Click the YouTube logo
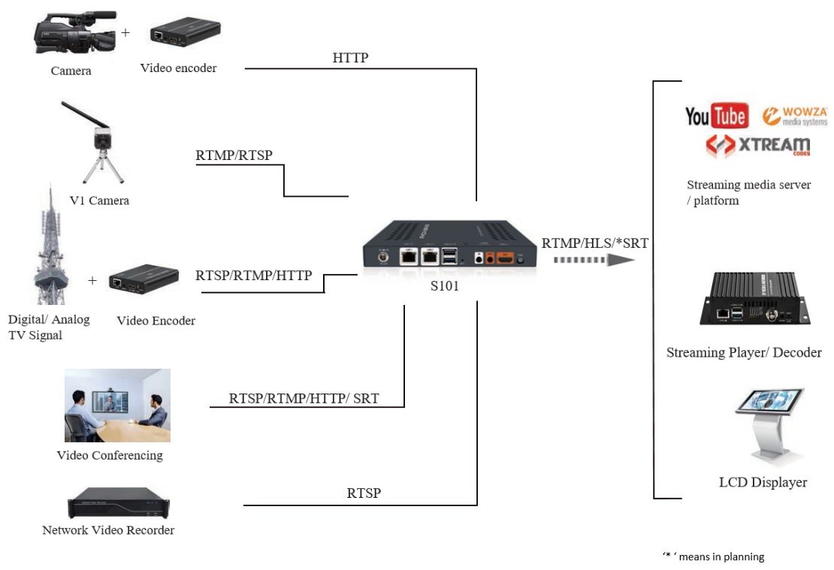coord(715,116)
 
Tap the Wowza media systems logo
coord(794,116)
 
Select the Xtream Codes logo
coord(757,146)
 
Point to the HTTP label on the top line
coord(350,57)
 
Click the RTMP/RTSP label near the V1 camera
coord(234,155)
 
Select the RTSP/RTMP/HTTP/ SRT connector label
coord(304,398)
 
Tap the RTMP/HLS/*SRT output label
coord(594,243)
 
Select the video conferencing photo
coord(116,405)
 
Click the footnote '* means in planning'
coord(713,556)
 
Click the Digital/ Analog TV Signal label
coord(48,327)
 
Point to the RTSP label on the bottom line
coord(364,493)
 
